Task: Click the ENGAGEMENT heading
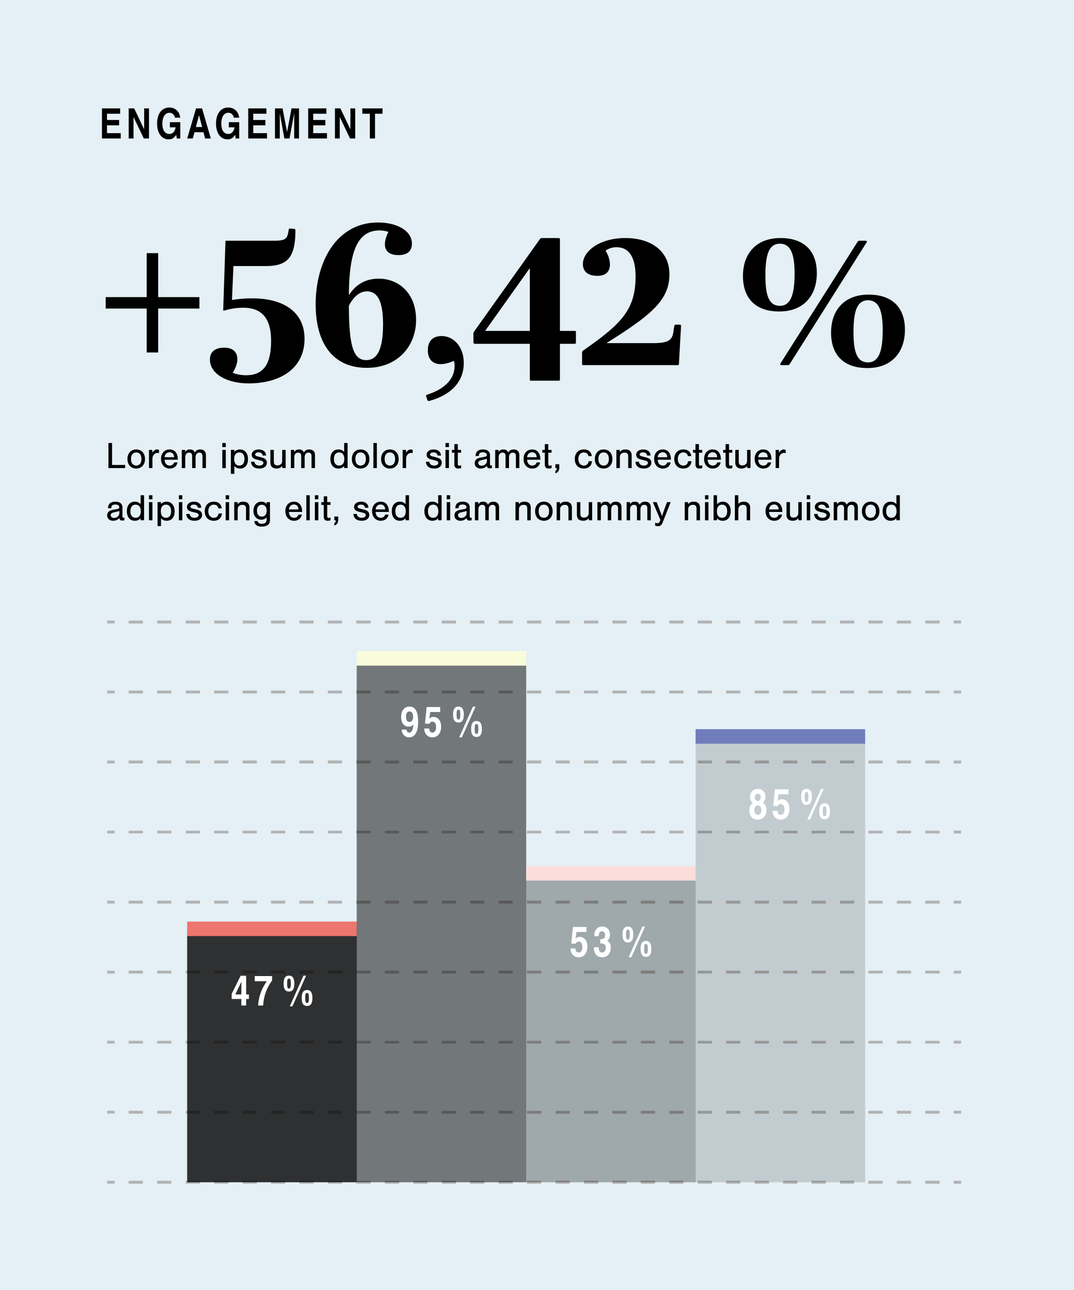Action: [x=242, y=124]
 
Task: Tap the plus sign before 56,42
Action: [x=152, y=302]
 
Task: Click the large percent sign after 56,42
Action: [x=824, y=302]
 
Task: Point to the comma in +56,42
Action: [x=445, y=368]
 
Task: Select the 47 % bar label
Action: [x=272, y=991]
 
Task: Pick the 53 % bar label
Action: [x=611, y=942]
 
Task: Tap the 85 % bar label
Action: [x=790, y=804]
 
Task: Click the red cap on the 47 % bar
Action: [x=272, y=929]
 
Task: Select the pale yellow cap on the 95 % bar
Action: [x=441, y=658]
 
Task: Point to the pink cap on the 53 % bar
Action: [x=611, y=873]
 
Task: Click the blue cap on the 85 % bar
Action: [x=780, y=737]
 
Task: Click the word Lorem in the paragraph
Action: [x=157, y=457]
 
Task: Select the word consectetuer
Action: [x=679, y=457]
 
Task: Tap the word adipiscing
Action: [x=188, y=510]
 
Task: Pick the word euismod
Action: [x=833, y=509]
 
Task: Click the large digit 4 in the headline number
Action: [x=525, y=309]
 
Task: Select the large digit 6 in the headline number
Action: [x=365, y=295]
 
